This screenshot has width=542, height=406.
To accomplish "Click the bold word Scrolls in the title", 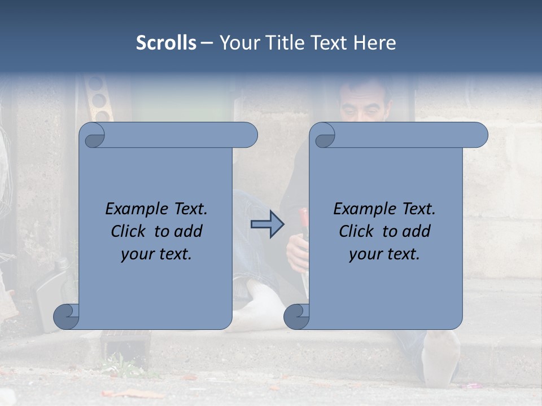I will pos(166,43).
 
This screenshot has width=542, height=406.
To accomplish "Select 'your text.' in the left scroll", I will pos(156,254).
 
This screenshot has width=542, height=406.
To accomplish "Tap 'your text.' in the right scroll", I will pos(384,254).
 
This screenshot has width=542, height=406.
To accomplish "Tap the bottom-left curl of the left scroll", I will pos(67,316).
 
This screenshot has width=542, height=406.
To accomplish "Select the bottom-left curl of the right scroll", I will pos(297,316).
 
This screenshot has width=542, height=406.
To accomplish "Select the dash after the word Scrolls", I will pos(207,43).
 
